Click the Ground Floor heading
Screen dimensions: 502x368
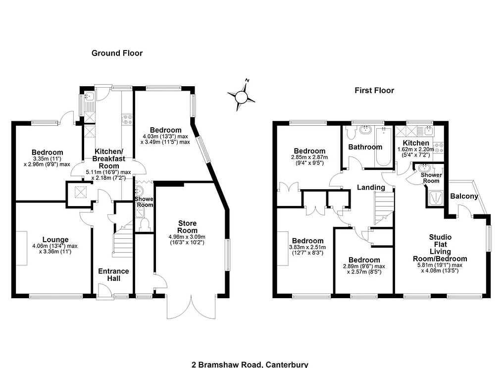point(117,53)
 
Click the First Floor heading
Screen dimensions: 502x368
point(374,91)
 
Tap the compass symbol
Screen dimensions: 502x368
point(242,96)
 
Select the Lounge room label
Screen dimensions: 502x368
point(55,240)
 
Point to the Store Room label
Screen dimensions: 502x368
point(187,227)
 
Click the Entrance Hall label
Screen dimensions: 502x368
point(114,275)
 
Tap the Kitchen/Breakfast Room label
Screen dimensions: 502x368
point(109,158)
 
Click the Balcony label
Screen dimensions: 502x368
point(464,196)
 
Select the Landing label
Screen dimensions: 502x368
point(371,187)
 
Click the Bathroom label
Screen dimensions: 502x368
point(365,147)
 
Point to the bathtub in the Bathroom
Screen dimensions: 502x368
point(383,146)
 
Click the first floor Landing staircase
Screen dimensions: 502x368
point(384,208)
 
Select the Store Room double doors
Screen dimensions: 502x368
point(191,307)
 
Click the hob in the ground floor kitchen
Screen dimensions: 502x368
point(127,119)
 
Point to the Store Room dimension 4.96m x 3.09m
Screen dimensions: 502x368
point(187,237)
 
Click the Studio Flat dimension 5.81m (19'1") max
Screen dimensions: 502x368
point(440,265)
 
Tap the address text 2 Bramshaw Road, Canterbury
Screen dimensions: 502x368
point(250,365)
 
